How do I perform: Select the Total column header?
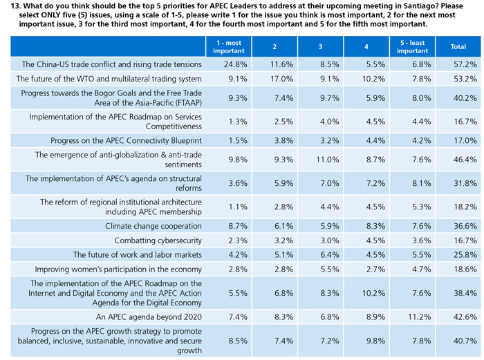[x=458, y=46]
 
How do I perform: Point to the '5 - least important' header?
[x=413, y=46]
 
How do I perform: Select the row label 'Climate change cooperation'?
[x=153, y=226]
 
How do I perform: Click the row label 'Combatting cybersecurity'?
[x=158, y=240]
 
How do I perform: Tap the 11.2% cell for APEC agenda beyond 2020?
[x=413, y=316]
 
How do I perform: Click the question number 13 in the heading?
[x=9, y=6]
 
